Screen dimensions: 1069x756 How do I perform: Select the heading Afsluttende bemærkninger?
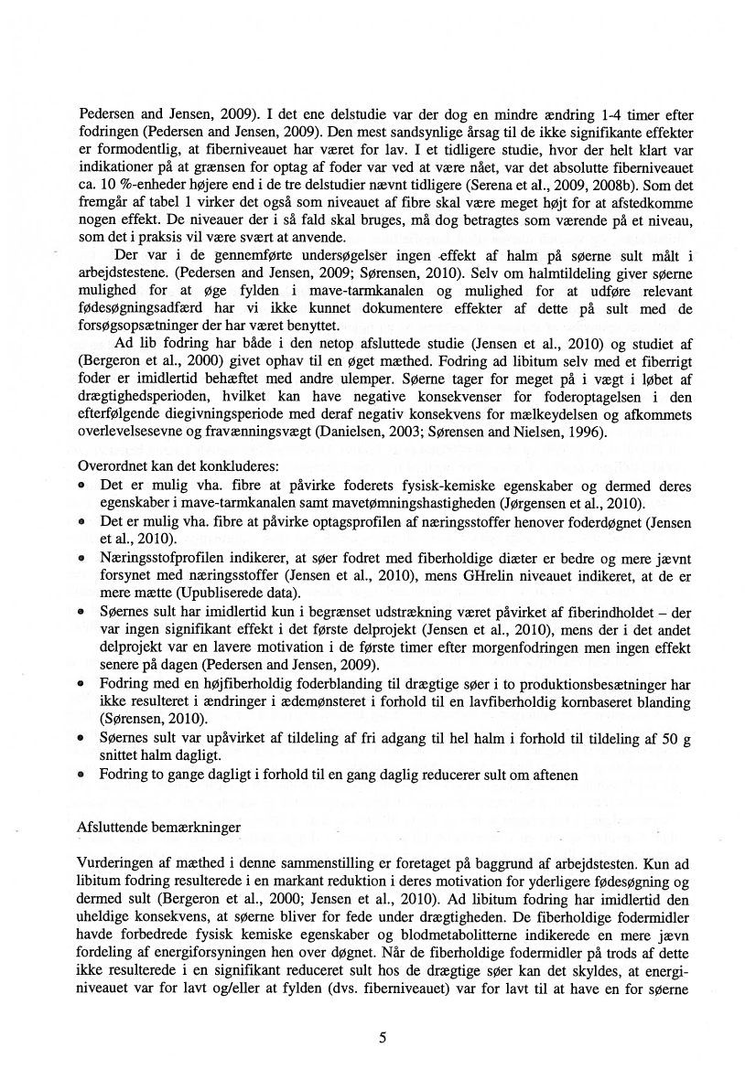click(x=160, y=827)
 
